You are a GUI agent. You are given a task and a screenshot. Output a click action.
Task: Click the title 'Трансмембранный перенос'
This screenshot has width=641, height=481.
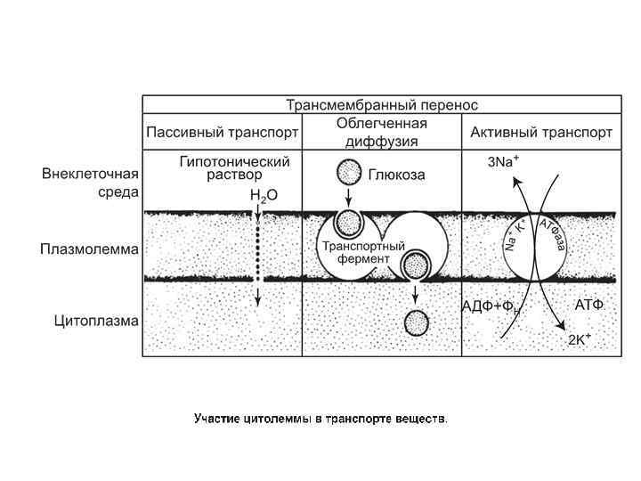click(x=382, y=104)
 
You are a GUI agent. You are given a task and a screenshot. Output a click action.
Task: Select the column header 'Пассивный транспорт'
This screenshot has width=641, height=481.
click(x=223, y=133)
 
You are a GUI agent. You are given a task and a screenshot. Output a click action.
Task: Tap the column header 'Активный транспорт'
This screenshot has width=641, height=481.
click(x=541, y=133)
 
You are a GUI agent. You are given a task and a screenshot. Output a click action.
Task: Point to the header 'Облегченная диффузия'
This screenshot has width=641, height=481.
click(x=382, y=132)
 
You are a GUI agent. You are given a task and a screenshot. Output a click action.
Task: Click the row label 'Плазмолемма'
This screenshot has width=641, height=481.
click(x=89, y=249)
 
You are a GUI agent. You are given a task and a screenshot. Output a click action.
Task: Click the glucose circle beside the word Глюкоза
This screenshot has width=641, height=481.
click(x=349, y=172)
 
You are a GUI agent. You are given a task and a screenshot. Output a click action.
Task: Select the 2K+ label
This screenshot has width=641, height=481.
click(x=580, y=339)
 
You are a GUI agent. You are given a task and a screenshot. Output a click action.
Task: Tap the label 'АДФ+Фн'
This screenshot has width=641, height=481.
click(x=490, y=307)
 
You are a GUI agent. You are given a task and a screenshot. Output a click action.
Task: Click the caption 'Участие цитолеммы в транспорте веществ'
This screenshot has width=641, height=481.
click(x=320, y=418)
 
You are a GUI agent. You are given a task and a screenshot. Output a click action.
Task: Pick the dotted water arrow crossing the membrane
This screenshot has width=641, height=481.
click(x=257, y=254)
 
